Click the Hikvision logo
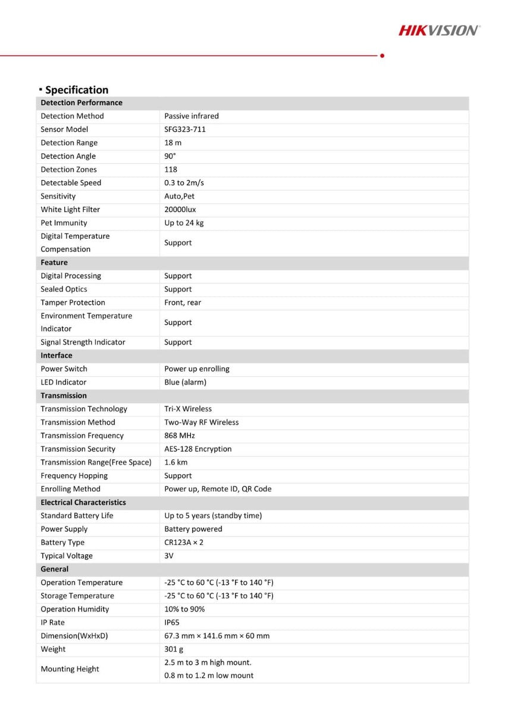[440, 30]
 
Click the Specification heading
[76, 90]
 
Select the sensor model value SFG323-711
[185, 130]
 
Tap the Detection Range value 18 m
[173, 143]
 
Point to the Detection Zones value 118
[171, 169]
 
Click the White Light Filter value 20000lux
[180, 210]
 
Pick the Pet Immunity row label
[64, 223]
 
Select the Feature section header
[54, 263]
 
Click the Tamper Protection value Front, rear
[183, 302]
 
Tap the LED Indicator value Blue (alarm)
[185, 382]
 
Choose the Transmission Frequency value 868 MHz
[180, 436]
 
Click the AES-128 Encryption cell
[198, 449]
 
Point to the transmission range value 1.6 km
[176, 462]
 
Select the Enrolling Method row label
[70, 489]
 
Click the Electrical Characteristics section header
[83, 502]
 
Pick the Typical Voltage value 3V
[169, 556]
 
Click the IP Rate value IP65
[172, 623]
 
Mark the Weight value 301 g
[174, 649]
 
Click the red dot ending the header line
[382, 55]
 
